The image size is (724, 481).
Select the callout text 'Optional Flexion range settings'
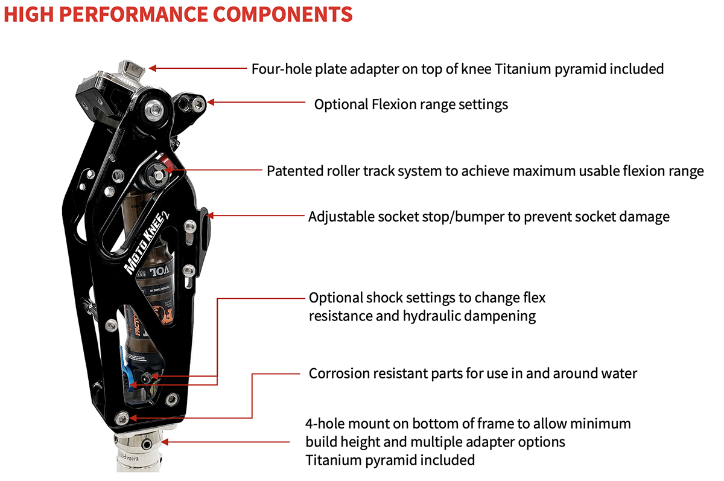411,104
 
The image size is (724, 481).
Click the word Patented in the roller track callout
293,171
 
